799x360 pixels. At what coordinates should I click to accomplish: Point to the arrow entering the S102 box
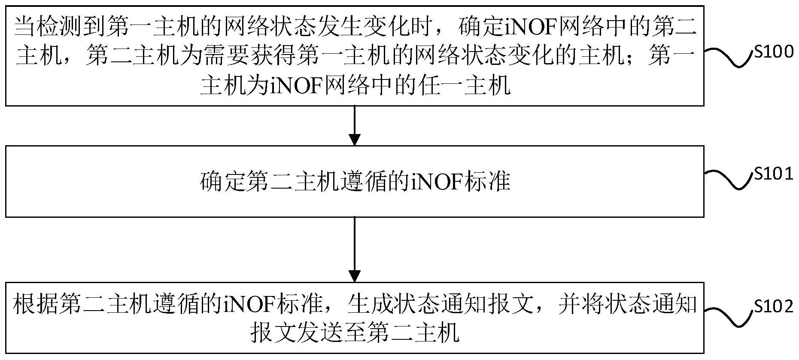click(354, 249)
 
